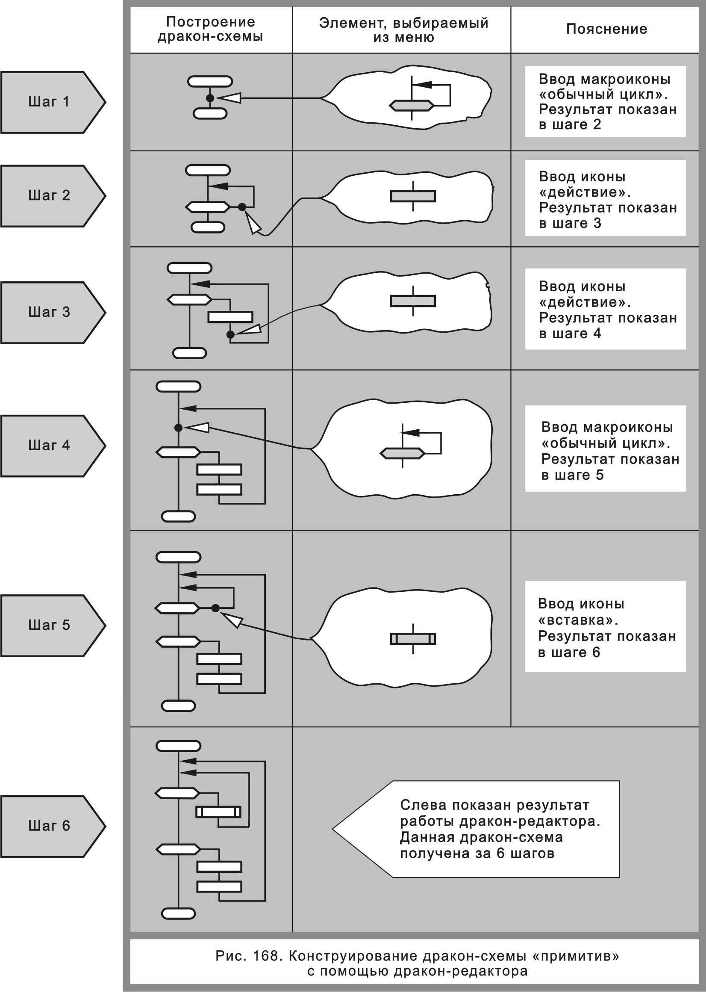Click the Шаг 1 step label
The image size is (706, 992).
[x=49, y=102]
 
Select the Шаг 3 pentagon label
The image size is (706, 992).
[x=49, y=312]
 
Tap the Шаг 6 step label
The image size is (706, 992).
[x=49, y=826]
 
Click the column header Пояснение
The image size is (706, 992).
[x=606, y=29]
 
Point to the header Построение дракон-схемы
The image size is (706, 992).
[x=210, y=29]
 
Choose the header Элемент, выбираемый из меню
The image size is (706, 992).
[x=403, y=30]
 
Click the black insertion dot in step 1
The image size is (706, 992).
[x=210, y=98]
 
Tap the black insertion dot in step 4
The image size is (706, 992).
[x=178, y=428]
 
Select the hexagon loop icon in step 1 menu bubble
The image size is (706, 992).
[x=411, y=105]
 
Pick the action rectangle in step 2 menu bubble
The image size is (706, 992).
[x=413, y=196]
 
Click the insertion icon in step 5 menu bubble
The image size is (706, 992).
[x=413, y=639]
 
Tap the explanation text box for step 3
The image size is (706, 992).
[x=606, y=309]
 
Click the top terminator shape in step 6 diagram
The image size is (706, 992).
[x=178, y=746]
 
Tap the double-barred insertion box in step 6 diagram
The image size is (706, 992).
[x=218, y=812]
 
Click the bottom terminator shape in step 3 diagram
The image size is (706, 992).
[x=190, y=353]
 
